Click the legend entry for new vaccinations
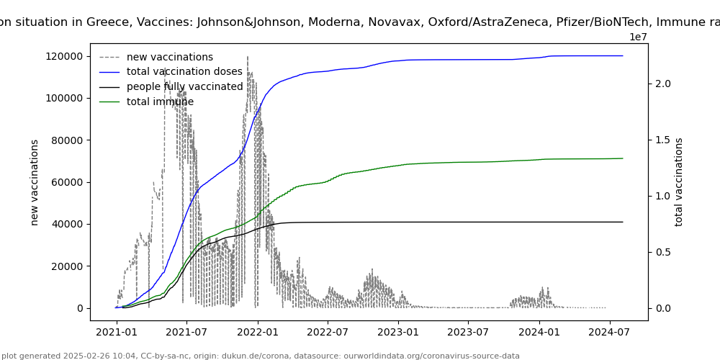click(x=169, y=57)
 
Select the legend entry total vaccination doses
click(x=184, y=72)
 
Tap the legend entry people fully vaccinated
click(x=184, y=87)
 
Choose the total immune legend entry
click(x=160, y=102)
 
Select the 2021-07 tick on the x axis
click(x=186, y=332)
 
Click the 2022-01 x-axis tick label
click(x=257, y=332)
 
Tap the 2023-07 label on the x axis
click(x=468, y=332)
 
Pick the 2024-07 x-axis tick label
click(x=609, y=332)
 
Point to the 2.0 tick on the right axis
click(x=662, y=84)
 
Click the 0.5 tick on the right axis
click(x=662, y=252)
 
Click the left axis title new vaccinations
click(x=35, y=182)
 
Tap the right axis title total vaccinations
click(x=679, y=182)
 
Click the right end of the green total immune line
click(x=623, y=158)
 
